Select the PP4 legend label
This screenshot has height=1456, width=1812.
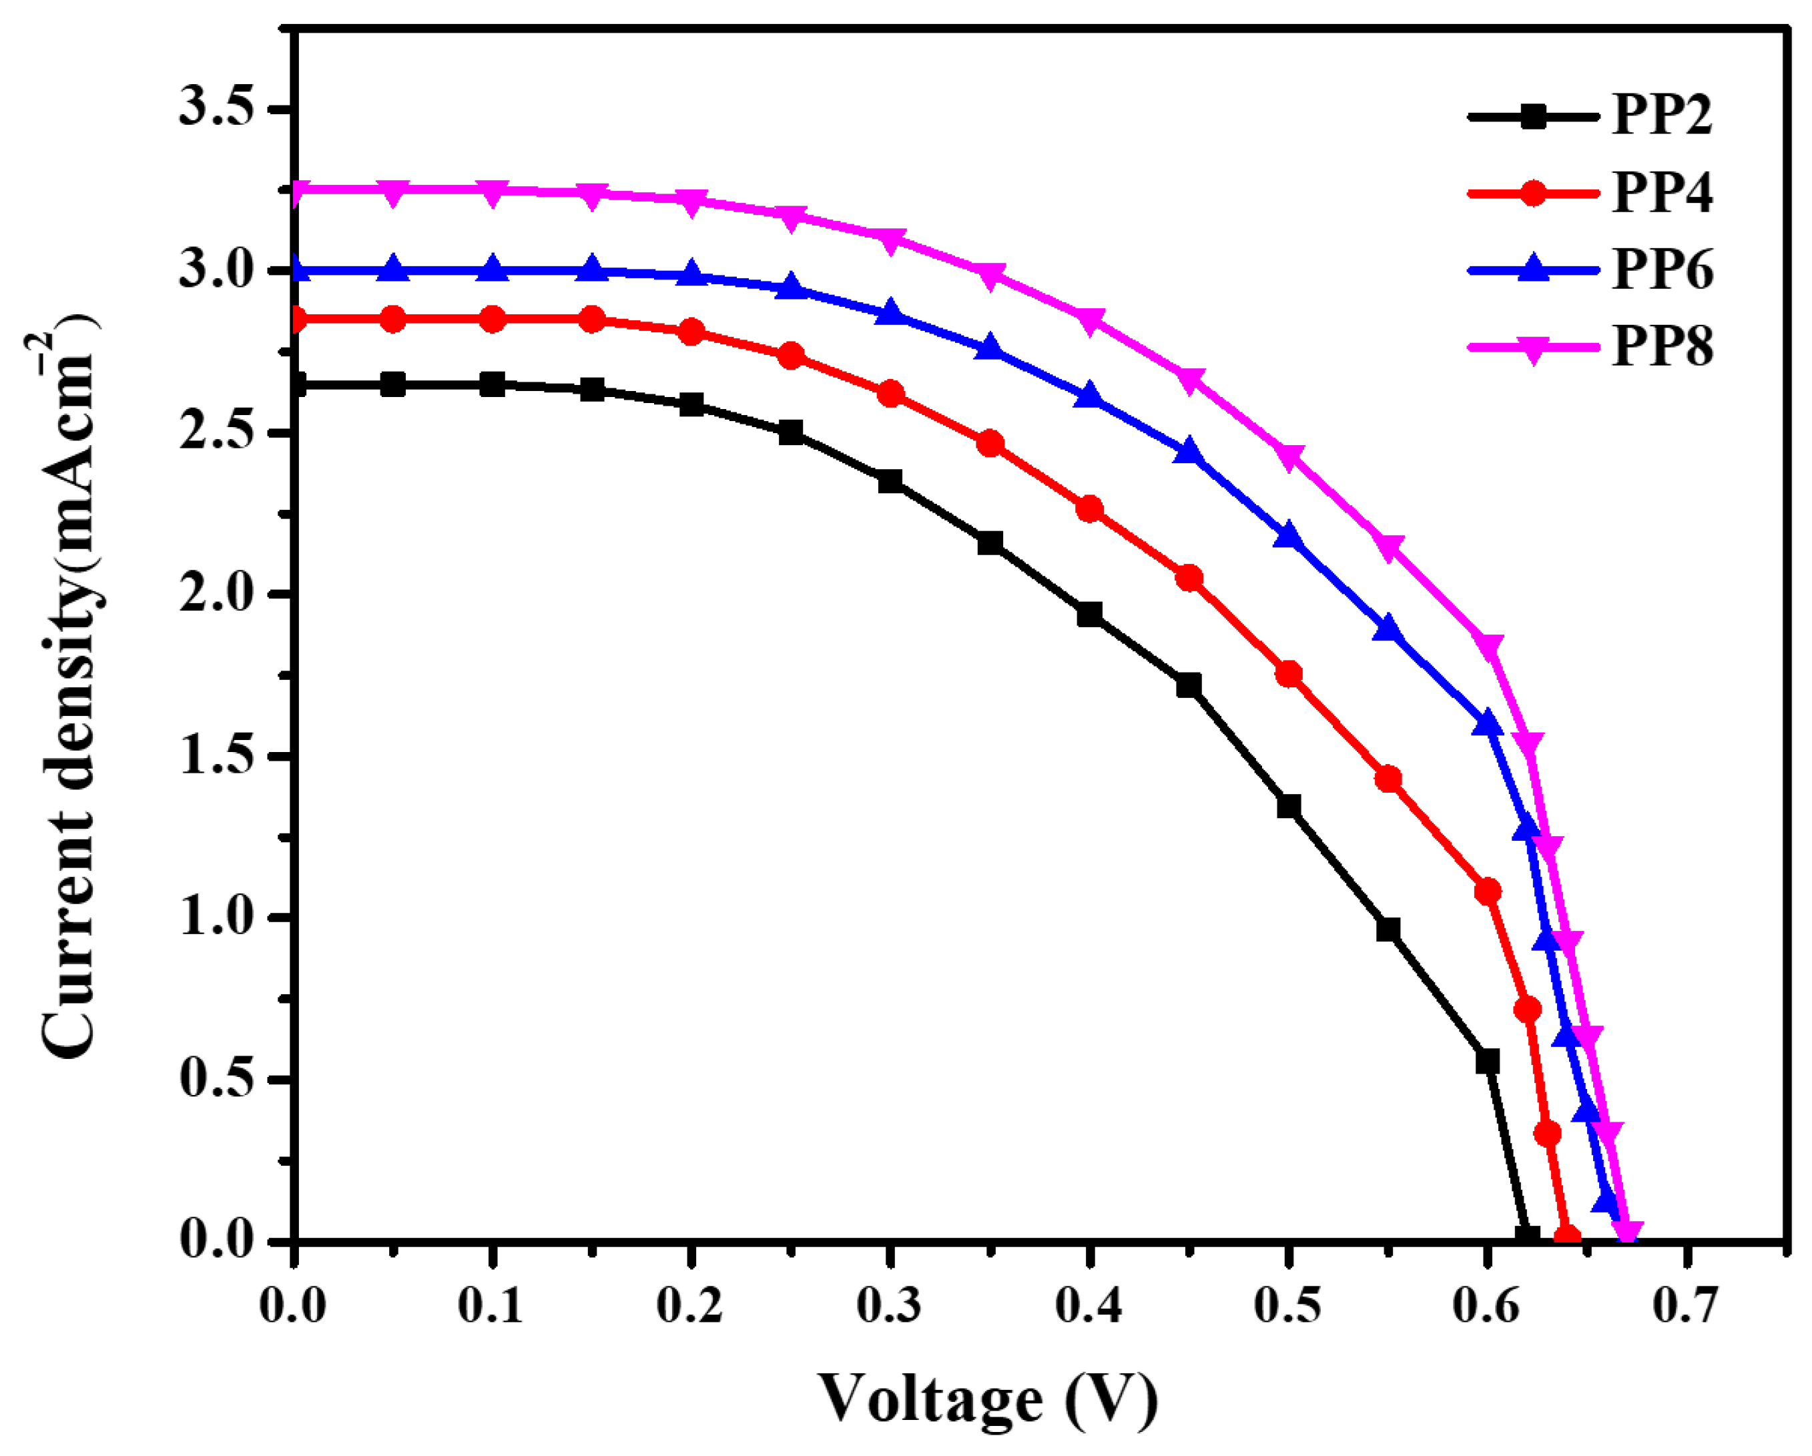(x=1662, y=192)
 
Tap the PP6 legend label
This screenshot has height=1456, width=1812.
(x=1662, y=270)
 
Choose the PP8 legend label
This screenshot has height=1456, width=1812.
(x=1662, y=346)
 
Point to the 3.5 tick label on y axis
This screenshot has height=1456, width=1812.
(x=217, y=109)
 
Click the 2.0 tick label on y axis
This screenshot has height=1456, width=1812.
(x=217, y=594)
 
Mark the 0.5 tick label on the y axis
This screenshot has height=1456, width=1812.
(x=217, y=1079)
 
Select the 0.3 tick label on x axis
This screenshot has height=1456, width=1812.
(x=889, y=1307)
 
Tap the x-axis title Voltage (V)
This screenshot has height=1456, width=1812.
(x=988, y=1399)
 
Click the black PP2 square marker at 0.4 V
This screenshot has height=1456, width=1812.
(x=1089, y=614)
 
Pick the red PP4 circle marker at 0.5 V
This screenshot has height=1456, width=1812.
(x=1288, y=675)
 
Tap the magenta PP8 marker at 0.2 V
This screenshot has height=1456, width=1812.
(x=691, y=202)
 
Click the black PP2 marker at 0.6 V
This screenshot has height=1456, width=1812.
(x=1488, y=1061)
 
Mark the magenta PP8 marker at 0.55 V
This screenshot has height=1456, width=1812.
(x=1388, y=548)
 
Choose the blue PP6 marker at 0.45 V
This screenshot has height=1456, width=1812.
(x=1189, y=452)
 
